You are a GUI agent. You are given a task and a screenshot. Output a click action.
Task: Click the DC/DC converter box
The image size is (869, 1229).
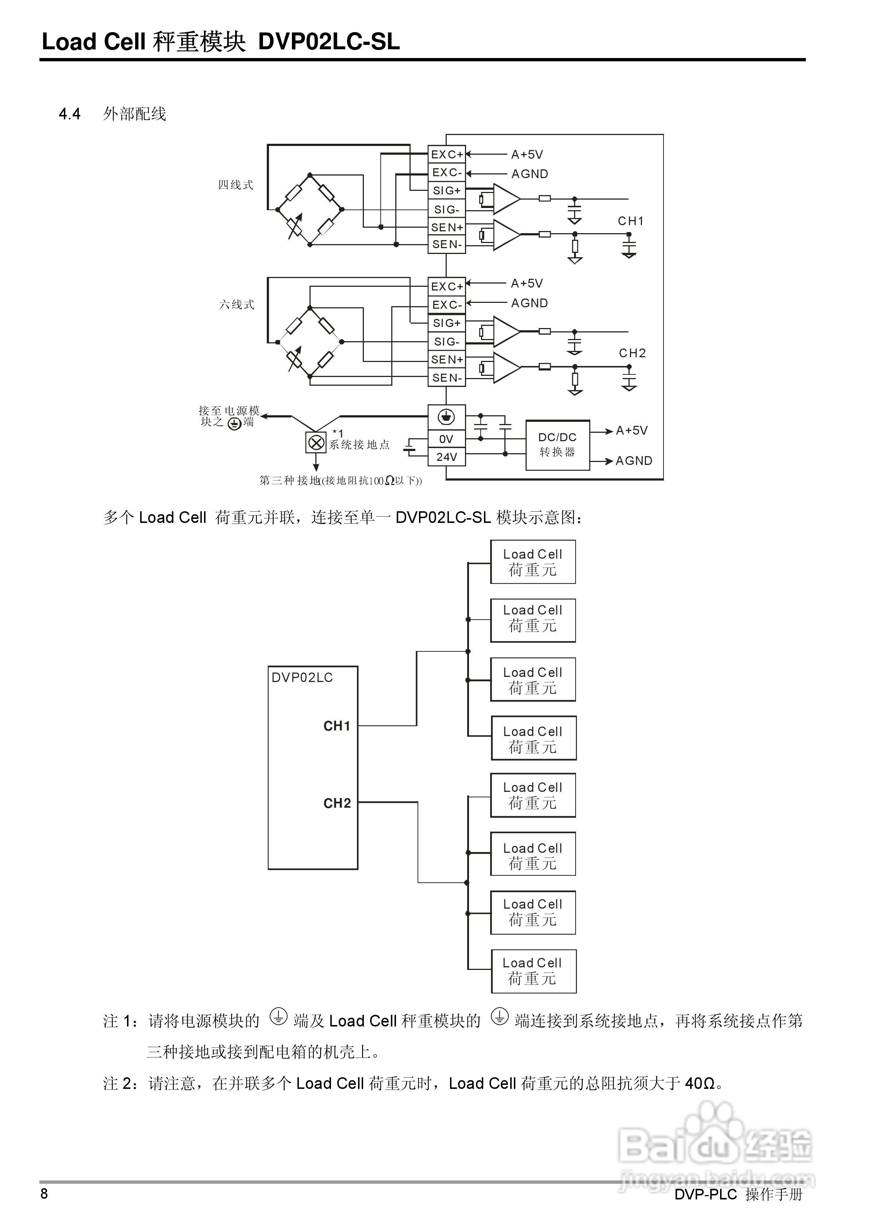557,445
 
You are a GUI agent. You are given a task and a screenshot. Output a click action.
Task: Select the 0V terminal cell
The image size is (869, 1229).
447,439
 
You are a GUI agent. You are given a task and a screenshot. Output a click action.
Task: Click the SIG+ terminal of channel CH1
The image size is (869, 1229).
447,190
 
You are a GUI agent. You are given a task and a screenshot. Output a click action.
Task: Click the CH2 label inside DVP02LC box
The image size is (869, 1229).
337,803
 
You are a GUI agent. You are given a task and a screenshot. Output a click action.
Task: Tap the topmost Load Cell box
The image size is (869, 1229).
533,562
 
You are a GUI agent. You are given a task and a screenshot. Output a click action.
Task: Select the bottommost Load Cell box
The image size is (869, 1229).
533,971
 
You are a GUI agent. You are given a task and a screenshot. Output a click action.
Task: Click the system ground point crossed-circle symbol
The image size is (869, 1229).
316,443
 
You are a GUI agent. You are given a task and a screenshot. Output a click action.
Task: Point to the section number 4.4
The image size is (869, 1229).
70,114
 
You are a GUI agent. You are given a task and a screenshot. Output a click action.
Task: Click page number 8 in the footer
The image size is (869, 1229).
45,1193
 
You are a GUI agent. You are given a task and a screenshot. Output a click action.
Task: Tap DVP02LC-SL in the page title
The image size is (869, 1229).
329,42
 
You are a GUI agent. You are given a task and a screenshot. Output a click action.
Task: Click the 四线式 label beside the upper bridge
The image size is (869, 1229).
235,185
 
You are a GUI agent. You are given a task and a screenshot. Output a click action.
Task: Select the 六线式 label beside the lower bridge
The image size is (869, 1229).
237,305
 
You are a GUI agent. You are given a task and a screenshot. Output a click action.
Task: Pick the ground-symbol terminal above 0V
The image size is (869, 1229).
447,416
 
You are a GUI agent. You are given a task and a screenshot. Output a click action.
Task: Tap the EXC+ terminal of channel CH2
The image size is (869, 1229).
447,286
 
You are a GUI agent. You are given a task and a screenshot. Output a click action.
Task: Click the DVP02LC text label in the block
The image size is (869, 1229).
302,678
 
